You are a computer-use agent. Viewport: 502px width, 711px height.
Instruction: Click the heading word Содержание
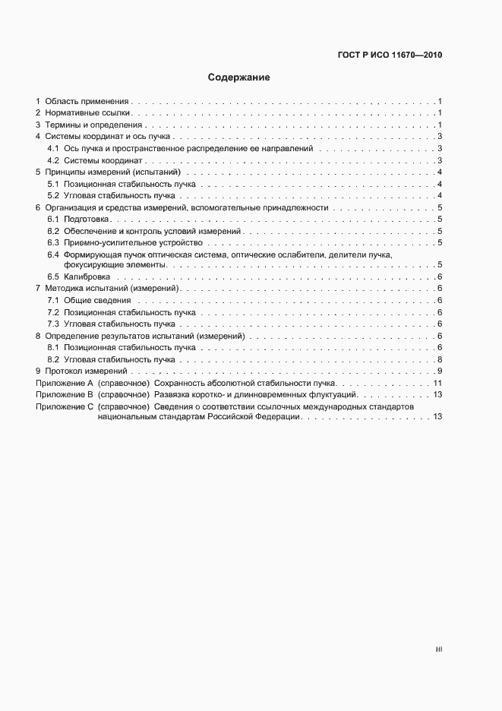coord(238,77)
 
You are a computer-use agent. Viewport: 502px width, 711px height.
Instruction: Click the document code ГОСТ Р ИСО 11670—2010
coord(388,55)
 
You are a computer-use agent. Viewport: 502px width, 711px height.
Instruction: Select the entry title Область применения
coord(87,101)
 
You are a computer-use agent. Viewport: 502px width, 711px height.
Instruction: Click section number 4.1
coord(53,148)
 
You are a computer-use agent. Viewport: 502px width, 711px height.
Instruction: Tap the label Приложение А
coord(64,384)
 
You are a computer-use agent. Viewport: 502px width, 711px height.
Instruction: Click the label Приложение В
coord(64,395)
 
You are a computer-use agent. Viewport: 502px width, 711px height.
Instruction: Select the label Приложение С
coord(64,407)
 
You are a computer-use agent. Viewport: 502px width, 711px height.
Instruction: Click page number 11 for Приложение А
coord(437,384)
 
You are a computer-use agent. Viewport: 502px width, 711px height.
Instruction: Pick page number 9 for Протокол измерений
coord(439,371)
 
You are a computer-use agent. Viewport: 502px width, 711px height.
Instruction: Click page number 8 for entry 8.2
coord(440,359)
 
